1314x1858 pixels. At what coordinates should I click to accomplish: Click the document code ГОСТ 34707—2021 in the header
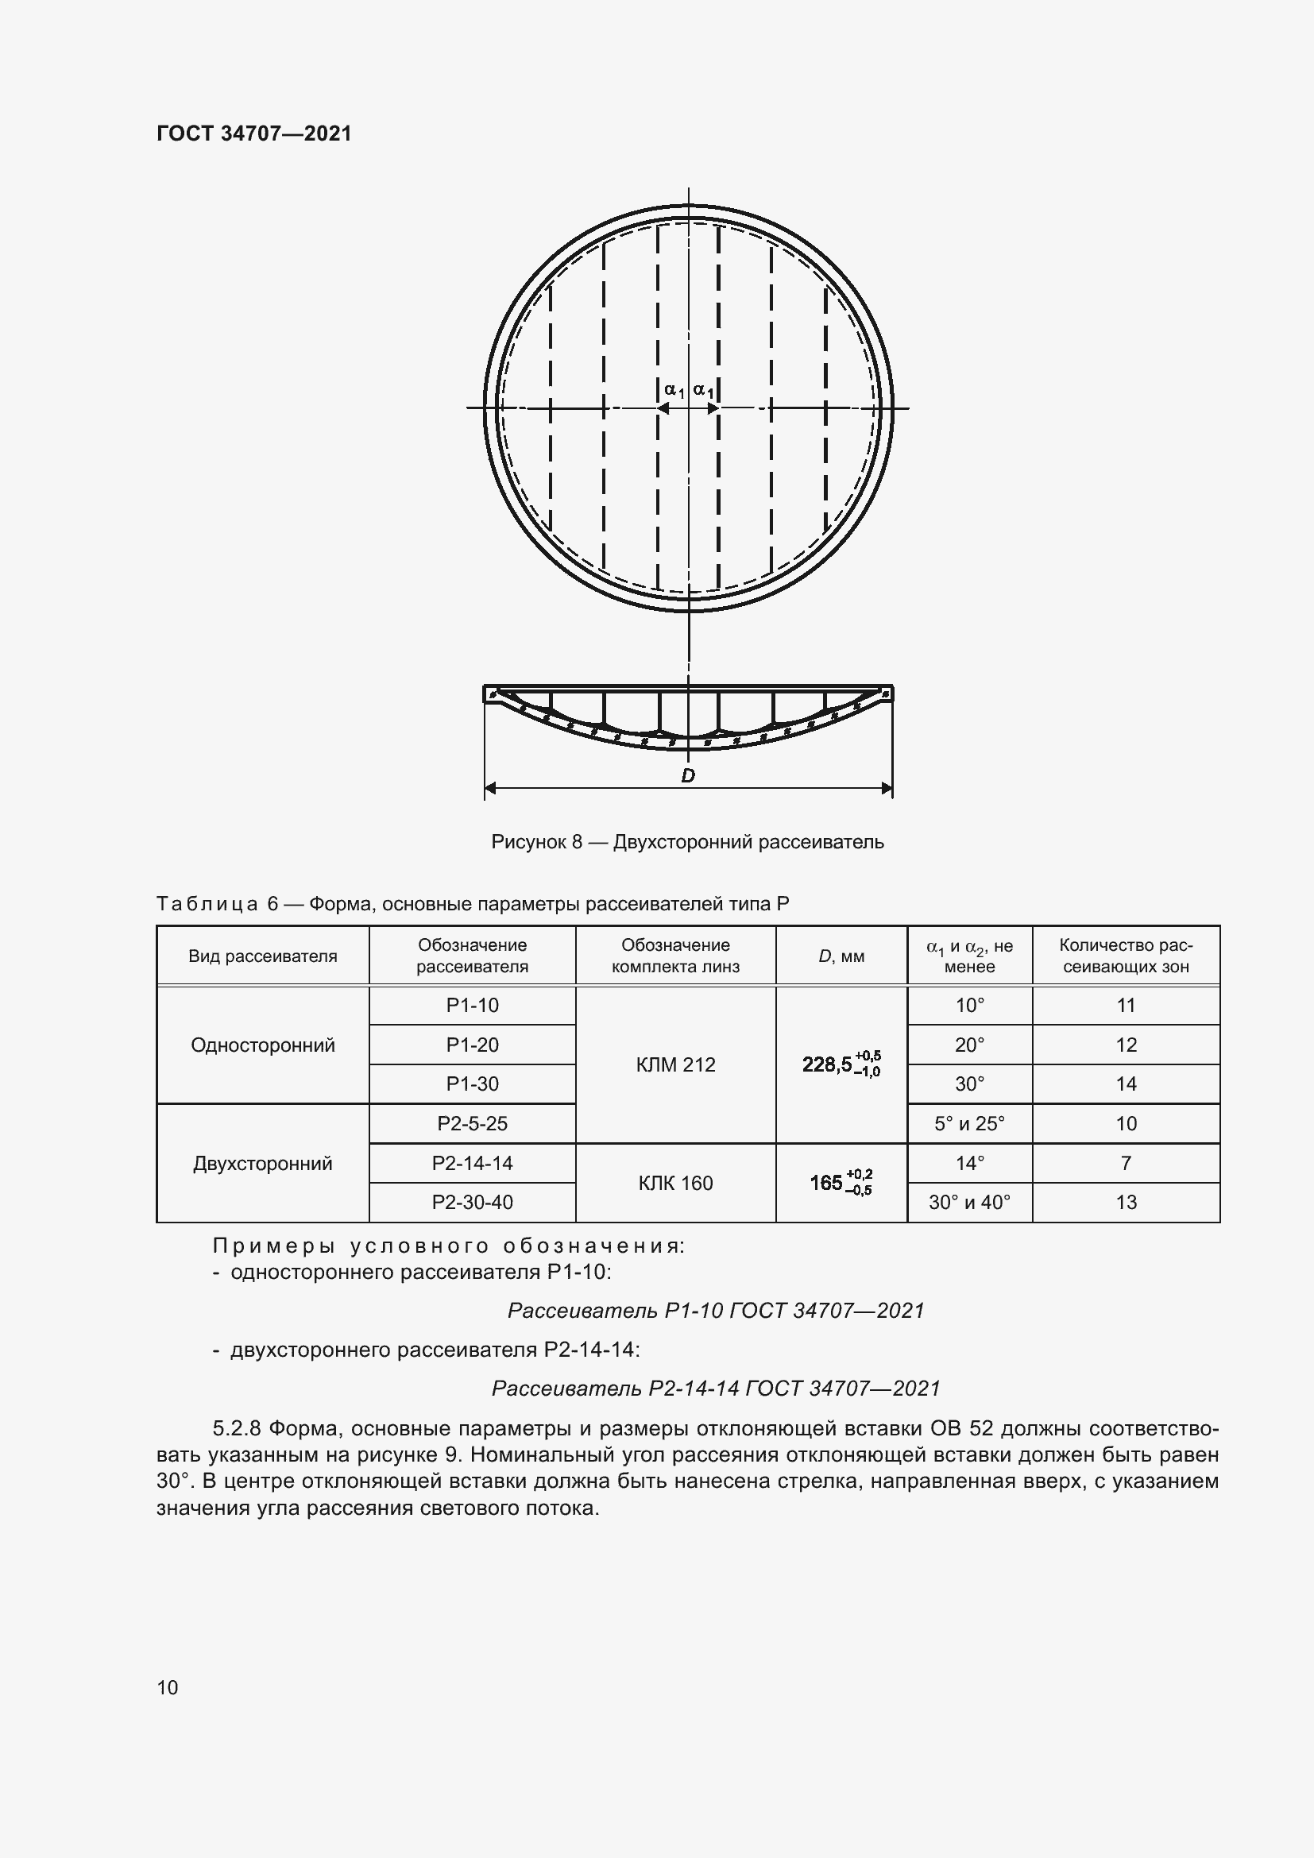(x=254, y=133)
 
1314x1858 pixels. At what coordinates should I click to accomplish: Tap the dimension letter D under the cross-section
(x=688, y=775)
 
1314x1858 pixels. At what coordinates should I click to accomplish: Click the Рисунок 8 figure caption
(x=687, y=841)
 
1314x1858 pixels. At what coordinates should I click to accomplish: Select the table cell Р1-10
(x=473, y=1005)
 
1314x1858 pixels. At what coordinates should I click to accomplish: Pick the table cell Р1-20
(x=473, y=1045)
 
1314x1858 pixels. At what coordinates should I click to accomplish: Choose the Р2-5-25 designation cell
(x=473, y=1123)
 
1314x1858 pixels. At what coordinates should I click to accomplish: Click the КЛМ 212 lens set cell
(x=675, y=1064)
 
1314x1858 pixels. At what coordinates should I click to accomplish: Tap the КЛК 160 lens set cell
(x=675, y=1183)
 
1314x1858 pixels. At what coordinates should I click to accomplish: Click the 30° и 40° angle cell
(x=969, y=1202)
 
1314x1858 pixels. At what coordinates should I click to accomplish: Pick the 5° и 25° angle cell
(x=969, y=1123)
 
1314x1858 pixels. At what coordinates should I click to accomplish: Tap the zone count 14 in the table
(x=1127, y=1084)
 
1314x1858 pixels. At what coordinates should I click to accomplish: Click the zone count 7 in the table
(x=1127, y=1163)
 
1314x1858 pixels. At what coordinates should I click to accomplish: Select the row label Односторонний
(x=263, y=1045)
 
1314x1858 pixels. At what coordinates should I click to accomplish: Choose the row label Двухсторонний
(x=263, y=1164)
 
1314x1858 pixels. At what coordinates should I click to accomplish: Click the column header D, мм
(x=841, y=956)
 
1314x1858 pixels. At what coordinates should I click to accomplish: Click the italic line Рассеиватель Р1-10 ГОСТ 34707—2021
(x=716, y=1310)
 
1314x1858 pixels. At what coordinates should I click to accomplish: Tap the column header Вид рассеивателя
(x=263, y=956)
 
